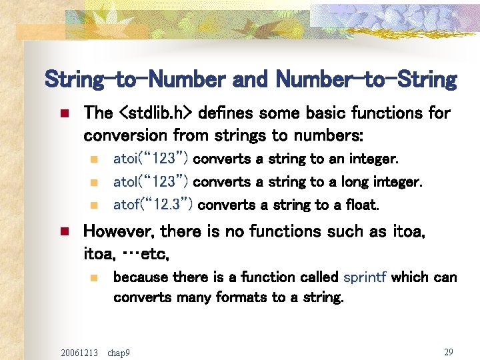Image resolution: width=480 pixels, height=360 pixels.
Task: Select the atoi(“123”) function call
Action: coord(151,159)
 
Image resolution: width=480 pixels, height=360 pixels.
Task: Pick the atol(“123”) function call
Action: coord(151,182)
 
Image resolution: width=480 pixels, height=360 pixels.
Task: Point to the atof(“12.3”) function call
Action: coord(153,205)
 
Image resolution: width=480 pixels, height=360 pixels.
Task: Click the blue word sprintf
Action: coord(365,277)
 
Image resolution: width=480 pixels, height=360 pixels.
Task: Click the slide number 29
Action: coord(448,351)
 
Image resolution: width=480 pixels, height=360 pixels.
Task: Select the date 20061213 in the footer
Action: coord(79,352)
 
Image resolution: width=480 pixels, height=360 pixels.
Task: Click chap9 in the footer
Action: coord(118,352)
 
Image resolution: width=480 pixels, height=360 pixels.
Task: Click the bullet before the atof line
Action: coord(95,205)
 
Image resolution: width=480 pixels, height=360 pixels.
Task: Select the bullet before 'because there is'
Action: coord(95,277)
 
